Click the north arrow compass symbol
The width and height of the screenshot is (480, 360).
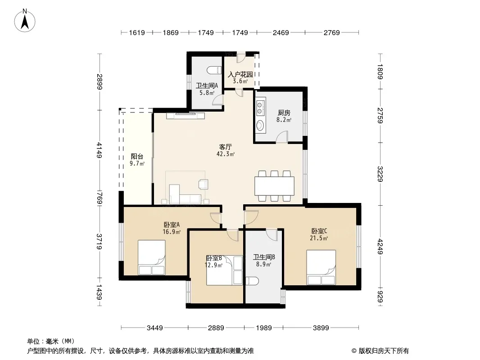[x=25, y=21]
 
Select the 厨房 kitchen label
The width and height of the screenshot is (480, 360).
[x=284, y=113]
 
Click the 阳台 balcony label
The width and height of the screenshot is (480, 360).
[x=137, y=157]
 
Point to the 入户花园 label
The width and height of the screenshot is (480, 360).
[x=240, y=75]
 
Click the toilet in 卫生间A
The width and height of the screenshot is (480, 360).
[x=214, y=70]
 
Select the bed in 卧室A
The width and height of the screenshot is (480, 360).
[x=152, y=257]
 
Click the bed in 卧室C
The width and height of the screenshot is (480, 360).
[x=321, y=267]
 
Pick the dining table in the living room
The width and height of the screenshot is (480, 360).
[x=274, y=186]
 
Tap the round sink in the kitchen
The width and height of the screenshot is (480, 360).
[x=260, y=126]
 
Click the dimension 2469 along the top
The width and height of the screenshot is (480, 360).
[x=281, y=32]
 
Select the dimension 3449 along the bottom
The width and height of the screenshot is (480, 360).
[x=155, y=328]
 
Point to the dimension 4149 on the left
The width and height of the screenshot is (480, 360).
[x=99, y=150]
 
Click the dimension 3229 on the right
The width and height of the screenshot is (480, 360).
[x=380, y=174]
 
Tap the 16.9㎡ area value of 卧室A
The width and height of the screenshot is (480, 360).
[x=172, y=232]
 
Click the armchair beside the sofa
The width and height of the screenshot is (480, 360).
[x=203, y=184]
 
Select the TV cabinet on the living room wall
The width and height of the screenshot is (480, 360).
[x=186, y=116]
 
